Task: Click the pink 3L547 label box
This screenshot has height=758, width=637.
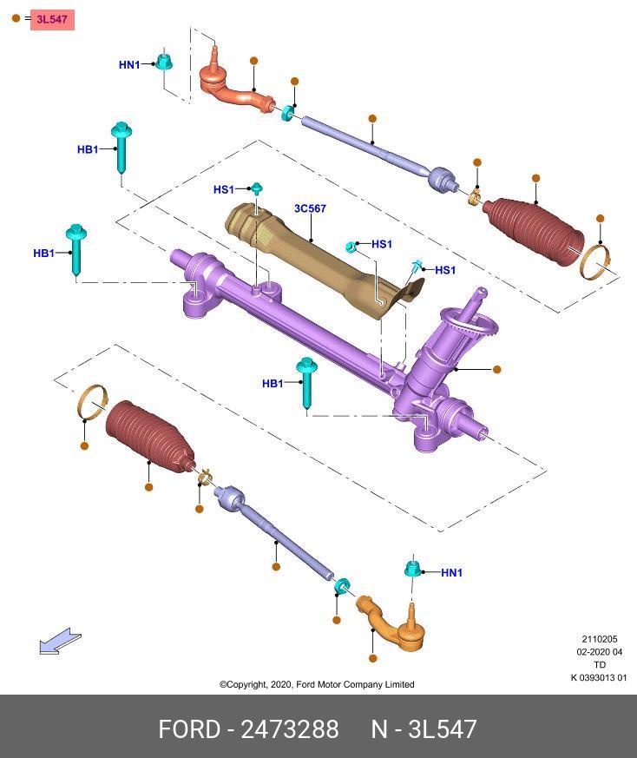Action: (52, 18)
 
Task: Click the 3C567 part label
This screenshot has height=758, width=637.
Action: (310, 208)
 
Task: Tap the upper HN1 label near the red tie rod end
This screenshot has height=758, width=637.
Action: (129, 64)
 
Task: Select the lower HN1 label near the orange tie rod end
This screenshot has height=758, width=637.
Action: (451, 572)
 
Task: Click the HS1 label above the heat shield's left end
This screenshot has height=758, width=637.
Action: (223, 189)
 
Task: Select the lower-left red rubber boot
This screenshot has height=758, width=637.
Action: (150, 433)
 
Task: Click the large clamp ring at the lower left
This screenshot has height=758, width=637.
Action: (93, 401)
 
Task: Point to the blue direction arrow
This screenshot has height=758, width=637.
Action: (59, 643)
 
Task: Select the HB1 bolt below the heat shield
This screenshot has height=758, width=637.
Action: (306, 382)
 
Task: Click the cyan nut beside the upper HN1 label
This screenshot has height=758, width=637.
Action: (163, 62)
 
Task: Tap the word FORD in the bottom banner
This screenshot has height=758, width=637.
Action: (188, 728)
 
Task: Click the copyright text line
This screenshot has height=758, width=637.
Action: (317, 684)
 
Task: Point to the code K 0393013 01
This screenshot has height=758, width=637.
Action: (598, 678)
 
